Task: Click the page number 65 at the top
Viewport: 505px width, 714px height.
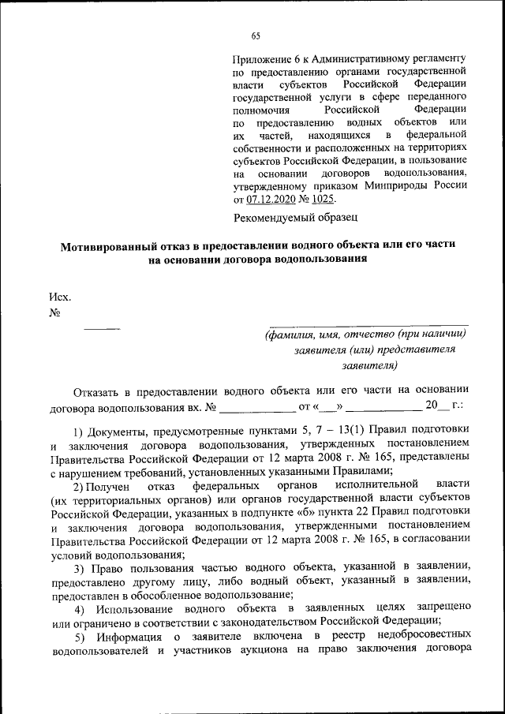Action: click(256, 36)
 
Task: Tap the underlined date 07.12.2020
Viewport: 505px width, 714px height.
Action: click(275, 199)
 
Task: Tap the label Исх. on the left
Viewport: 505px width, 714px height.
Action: click(60, 297)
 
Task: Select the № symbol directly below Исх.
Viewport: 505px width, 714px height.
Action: click(55, 312)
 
